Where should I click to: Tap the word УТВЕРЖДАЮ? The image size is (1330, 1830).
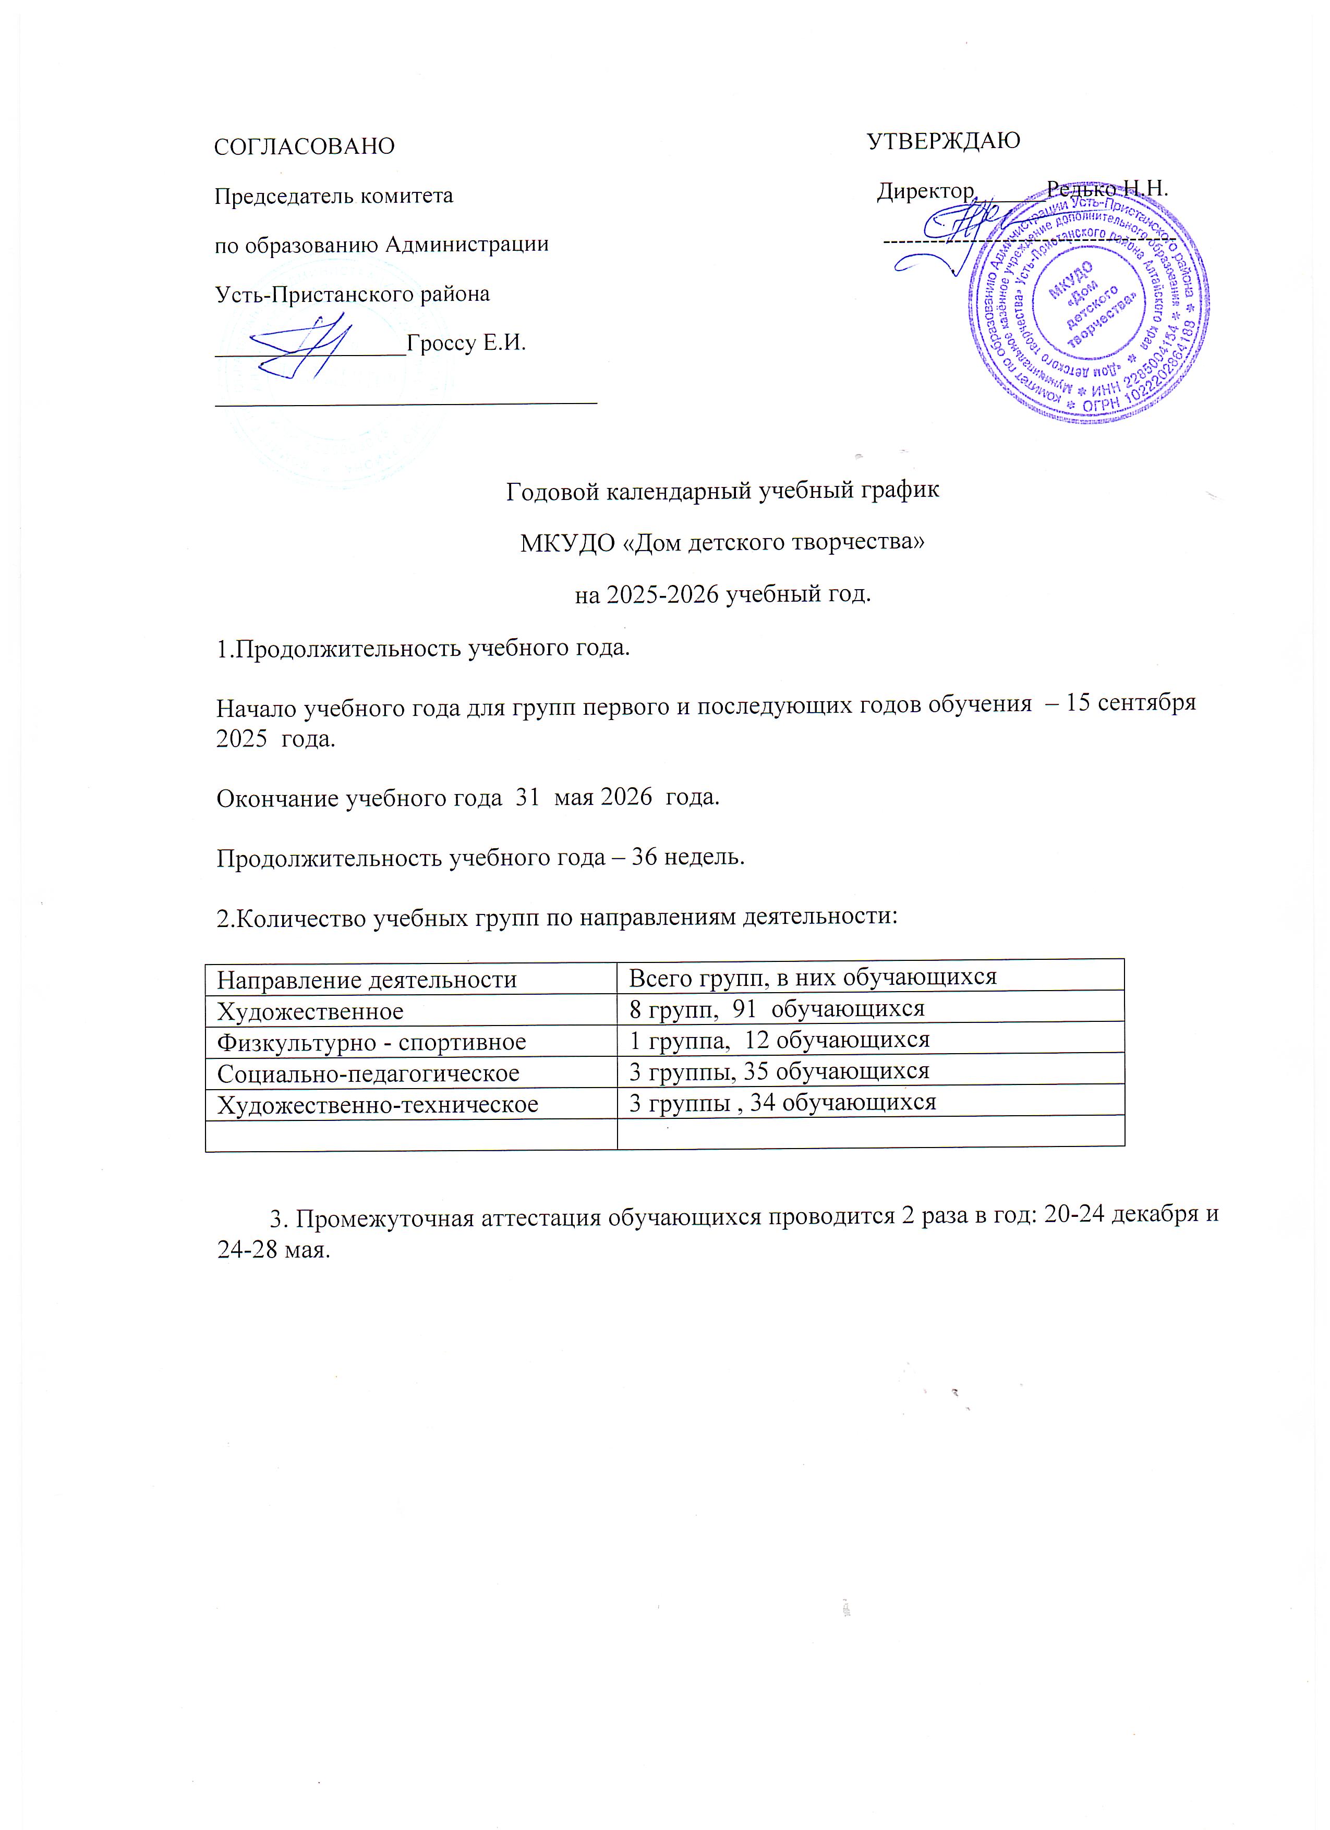pyautogui.click(x=942, y=140)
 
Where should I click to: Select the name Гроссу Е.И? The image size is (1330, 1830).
pyautogui.click(x=466, y=343)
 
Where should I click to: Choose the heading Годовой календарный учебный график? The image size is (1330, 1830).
pyautogui.click(x=722, y=491)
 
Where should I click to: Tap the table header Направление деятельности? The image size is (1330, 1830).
pyautogui.click(x=366, y=980)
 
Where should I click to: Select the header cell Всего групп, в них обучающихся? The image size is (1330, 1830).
pyautogui.click(x=813, y=977)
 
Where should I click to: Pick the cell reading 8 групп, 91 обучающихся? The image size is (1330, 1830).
pyautogui.click(x=777, y=1009)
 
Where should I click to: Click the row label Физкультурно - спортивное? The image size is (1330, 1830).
pyautogui.click(x=371, y=1042)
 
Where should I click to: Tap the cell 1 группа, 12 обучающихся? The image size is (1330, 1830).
pyautogui.click(x=779, y=1039)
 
